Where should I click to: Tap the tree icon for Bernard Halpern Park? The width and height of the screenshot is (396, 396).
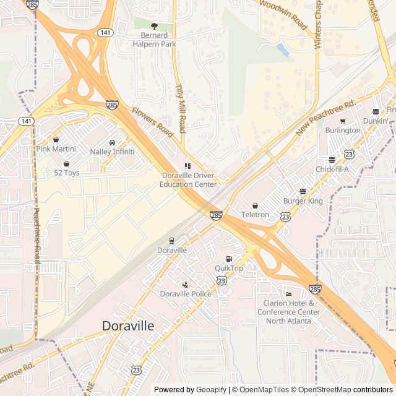pos(154,27)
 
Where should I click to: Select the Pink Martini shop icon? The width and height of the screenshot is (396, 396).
pos(56,140)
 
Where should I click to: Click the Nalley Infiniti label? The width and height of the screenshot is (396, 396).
pos(112,151)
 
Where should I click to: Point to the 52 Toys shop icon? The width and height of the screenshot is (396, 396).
pos(66,164)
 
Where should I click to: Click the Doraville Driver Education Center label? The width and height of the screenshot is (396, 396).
pos(188,179)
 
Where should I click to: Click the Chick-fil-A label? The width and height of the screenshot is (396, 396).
pos(332,169)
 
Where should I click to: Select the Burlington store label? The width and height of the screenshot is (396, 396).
pos(342,131)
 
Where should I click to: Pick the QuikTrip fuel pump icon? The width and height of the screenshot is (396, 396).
pos(229,259)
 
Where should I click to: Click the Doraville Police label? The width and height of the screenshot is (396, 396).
pos(185,293)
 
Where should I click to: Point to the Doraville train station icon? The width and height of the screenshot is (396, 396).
pos(171,241)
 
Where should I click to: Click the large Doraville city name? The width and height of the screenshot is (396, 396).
pos(128,325)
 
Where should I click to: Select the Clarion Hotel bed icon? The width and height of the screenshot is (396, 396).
pos(288,294)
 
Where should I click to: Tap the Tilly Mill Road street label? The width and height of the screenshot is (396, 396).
pos(181,108)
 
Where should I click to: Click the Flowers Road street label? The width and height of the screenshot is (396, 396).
pos(152,121)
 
